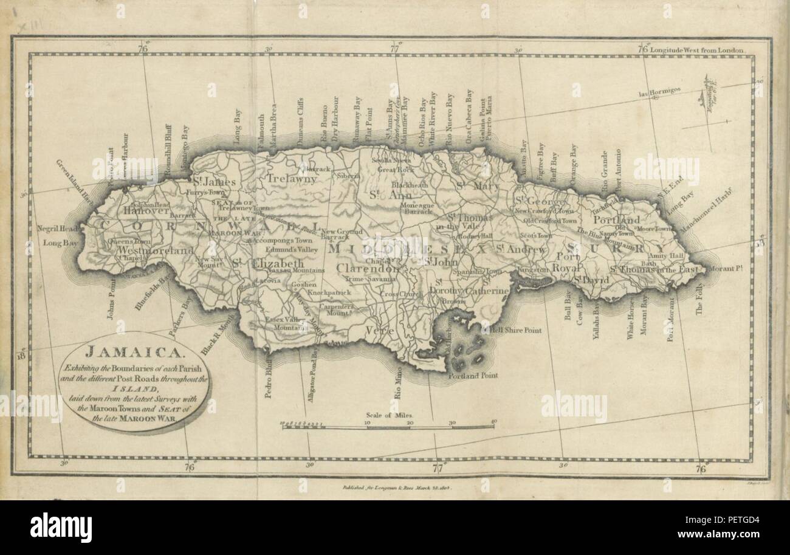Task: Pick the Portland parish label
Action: coord(616,219)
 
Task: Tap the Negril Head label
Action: coord(58,229)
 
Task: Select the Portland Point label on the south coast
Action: coord(473,376)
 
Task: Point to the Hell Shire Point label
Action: coord(516,331)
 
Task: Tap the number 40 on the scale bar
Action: coord(493,421)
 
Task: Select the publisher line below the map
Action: coord(396,488)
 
